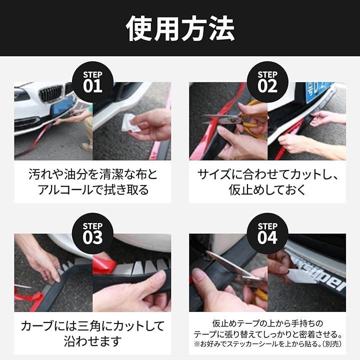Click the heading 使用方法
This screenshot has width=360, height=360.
pos(180,28)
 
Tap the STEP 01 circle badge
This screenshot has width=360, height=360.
pos(92,82)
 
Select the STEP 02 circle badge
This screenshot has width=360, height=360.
pos(267,82)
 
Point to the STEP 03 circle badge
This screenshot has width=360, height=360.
pos(92,233)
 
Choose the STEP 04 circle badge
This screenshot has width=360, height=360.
pos(267,233)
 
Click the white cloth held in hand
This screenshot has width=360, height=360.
pos(131,123)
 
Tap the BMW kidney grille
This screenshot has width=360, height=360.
pos(51,93)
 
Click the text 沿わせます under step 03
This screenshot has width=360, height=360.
pos(92,341)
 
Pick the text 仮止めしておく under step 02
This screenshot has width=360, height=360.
pos(267,190)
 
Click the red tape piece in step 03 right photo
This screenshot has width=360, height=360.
pos(104,263)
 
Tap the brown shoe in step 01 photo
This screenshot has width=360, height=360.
pos(87,147)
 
